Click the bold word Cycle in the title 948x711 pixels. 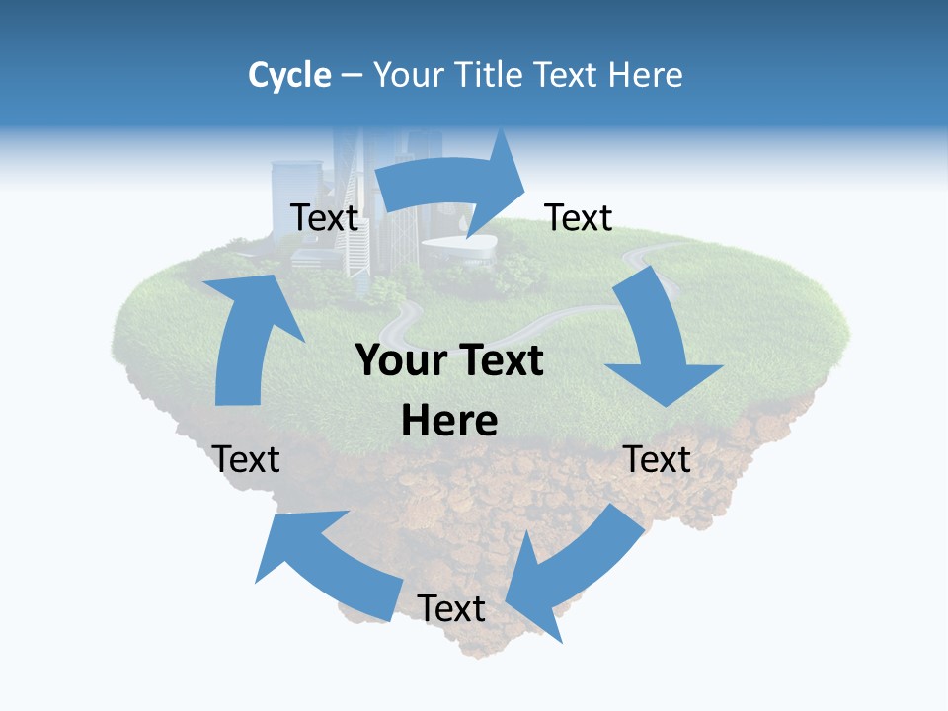click(x=289, y=75)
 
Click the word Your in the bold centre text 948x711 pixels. click(x=401, y=361)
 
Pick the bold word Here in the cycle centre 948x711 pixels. click(x=449, y=422)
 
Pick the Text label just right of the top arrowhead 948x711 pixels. click(x=579, y=217)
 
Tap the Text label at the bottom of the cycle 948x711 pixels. click(x=451, y=608)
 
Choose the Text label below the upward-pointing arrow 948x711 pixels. click(x=246, y=459)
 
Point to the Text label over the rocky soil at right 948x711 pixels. click(x=657, y=459)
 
